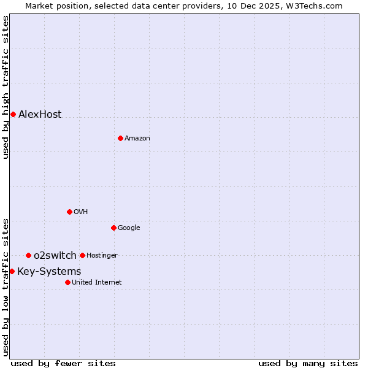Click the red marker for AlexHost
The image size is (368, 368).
(13, 114)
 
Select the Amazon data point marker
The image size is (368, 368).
(120, 138)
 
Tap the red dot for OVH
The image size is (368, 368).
(69, 212)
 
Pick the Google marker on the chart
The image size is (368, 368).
(113, 228)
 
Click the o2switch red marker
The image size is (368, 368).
(28, 255)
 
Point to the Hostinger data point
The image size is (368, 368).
(82, 255)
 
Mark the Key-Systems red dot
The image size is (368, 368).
(12, 271)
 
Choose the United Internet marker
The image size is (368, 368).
(67, 282)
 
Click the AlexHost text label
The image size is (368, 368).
(40, 115)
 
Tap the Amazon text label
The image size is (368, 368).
(137, 139)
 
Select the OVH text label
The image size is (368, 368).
(80, 212)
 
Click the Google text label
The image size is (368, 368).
(129, 228)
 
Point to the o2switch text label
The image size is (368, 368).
(55, 256)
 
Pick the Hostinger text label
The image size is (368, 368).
(102, 256)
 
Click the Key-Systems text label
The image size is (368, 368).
(49, 272)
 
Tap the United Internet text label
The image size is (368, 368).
(96, 283)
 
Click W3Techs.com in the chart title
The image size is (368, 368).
(315, 6)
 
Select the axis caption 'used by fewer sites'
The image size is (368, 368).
(63, 363)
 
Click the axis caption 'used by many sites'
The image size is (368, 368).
(308, 363)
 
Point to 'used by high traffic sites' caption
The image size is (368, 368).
(6, 87)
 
